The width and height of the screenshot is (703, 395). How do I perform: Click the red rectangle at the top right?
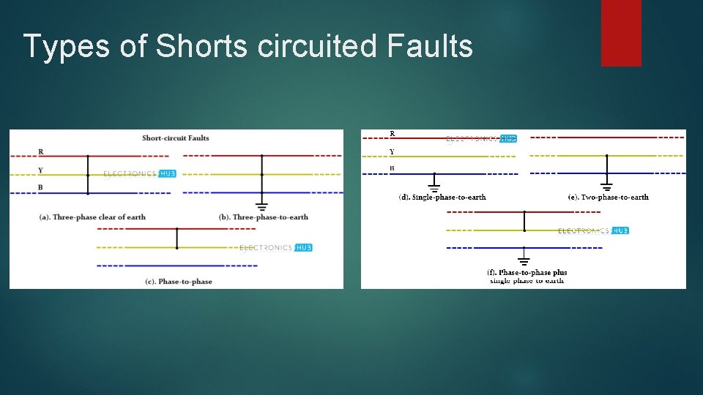click(621, 32)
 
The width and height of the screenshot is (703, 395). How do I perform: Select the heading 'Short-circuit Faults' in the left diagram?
click(176, 138)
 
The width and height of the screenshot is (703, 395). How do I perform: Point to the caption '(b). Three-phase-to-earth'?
click(264, 217)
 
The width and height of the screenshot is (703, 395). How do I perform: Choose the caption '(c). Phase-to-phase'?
click(180, 282)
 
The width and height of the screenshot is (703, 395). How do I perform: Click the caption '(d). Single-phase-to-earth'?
click(442, 197)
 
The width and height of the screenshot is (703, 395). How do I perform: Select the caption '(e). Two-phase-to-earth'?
click(609, 197)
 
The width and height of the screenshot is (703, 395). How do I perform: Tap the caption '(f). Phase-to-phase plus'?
click(527, 273)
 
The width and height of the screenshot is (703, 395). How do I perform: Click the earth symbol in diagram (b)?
click(262, 206)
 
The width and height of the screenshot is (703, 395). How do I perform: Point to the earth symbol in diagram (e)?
click(606, 187)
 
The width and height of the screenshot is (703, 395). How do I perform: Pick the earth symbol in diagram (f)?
click(524, 260)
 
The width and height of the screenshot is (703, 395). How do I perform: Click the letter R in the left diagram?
click(41, 152)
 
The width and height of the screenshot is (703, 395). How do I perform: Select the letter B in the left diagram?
click(40, 188)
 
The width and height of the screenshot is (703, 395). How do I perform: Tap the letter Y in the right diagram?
click(392, 152)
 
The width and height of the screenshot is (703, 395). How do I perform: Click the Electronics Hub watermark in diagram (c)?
click(276, 248)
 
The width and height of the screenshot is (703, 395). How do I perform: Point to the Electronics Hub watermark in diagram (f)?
click(593, 231)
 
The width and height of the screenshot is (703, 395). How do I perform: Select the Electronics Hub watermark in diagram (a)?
click(140, 174)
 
